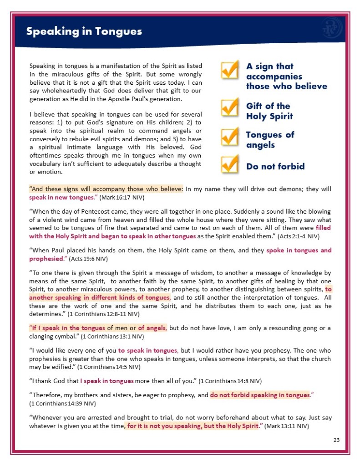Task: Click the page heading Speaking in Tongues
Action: pos(84,31)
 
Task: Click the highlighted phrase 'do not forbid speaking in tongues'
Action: pos(260,395)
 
